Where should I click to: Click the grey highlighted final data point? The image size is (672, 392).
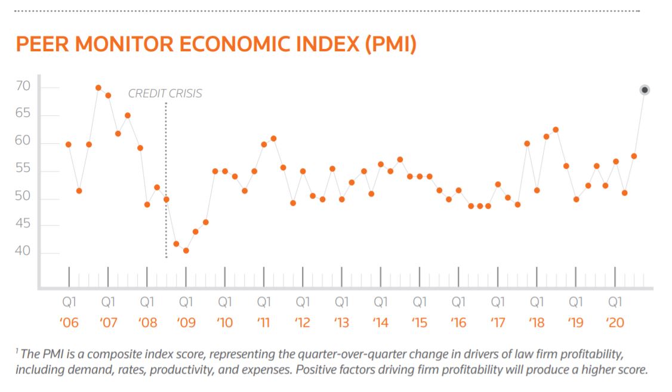point(645,90)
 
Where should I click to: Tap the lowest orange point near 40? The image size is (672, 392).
point(186,251)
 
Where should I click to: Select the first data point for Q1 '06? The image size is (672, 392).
point(69,144)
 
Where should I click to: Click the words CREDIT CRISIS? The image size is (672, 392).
point(165,94)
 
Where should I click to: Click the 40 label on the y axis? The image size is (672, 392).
point(22,252)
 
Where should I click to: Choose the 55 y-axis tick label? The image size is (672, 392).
point(22,171)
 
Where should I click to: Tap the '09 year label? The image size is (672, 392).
point(186,323)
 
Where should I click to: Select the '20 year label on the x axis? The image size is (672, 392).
point(615,323)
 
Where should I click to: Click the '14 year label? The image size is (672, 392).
point(381,323)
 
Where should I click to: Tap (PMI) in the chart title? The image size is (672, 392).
point(386,45)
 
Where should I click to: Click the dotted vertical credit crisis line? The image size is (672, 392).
point(166,179)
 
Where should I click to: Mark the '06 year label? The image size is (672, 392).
point(69,323)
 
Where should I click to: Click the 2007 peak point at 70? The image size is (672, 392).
point(98,88)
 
